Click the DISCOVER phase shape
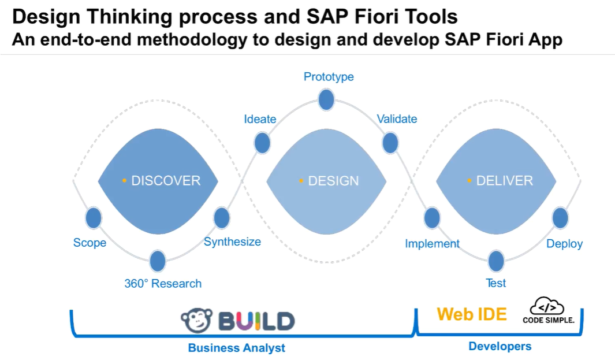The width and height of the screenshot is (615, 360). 158,181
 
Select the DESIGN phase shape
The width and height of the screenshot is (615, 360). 326,181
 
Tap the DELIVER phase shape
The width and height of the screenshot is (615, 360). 495,181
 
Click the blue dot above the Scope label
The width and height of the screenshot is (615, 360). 94,218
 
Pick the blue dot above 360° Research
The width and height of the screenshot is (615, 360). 158,261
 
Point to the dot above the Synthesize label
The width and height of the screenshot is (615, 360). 222,218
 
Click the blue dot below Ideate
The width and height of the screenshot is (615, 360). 262,142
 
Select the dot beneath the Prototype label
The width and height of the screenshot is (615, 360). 326,99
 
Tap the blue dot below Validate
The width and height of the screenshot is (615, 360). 390,142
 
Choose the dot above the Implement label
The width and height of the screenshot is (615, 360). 432,218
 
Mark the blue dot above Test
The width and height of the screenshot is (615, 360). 496,261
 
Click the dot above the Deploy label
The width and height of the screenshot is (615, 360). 560,218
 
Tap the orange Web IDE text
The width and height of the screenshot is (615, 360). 472,314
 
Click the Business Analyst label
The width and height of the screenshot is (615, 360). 236,348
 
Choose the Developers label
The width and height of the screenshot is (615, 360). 500,347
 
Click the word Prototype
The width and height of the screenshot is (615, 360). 329,77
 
